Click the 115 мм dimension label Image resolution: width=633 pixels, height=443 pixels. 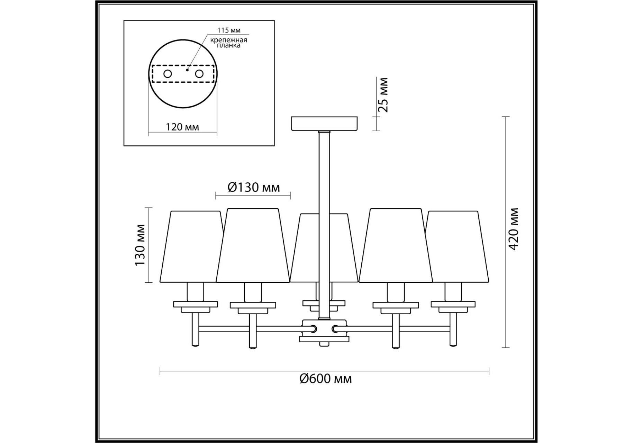point(229,30)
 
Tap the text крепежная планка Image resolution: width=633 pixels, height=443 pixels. point(229,43)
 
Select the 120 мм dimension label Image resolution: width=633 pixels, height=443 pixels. point(182,127)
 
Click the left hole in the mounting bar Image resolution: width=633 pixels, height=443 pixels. point(168,74)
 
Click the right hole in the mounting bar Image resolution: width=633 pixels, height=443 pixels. point(199,74)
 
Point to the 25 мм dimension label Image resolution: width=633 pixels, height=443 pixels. point(383,95)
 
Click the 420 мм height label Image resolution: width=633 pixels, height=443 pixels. point(513,229)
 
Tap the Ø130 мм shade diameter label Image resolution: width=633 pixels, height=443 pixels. point(254,187)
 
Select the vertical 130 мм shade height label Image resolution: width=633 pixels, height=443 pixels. point(140,245)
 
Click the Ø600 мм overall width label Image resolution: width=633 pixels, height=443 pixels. point(325,379)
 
